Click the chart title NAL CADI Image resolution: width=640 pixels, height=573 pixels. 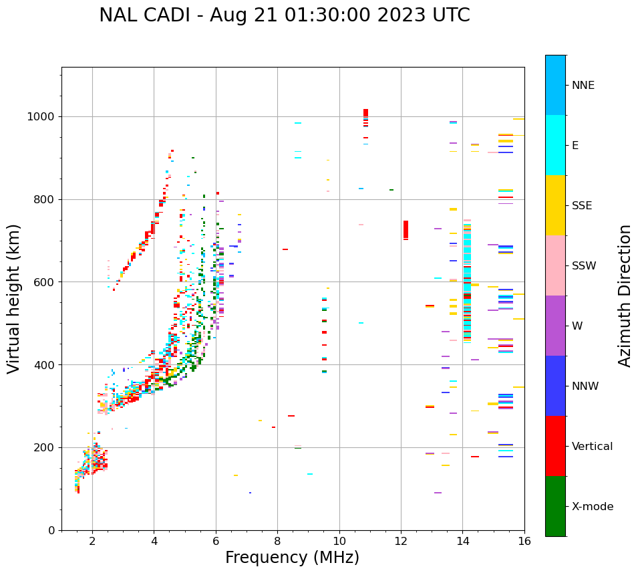(284, 15)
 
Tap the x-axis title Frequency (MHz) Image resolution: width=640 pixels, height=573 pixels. (292, 558)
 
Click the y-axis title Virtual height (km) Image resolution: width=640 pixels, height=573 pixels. (14, 299)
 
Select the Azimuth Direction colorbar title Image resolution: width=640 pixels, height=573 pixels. (625, 296)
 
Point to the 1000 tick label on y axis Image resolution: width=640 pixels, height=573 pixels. (41, 117)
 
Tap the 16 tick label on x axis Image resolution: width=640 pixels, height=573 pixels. (524, 542)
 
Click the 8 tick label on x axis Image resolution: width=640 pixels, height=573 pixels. (277, 542)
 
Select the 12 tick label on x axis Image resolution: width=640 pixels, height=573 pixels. (401, 542)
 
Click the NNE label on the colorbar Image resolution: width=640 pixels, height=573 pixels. (583, 86)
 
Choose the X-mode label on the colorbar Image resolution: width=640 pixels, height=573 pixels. (593, 507)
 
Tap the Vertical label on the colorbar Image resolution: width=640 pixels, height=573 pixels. (593, 447)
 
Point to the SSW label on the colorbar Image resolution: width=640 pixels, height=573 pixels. (584, 266)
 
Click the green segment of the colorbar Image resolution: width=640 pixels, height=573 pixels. (555, 506)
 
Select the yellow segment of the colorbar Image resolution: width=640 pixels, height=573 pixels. (555, 205)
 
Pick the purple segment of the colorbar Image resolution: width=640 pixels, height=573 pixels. (555, 326)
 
